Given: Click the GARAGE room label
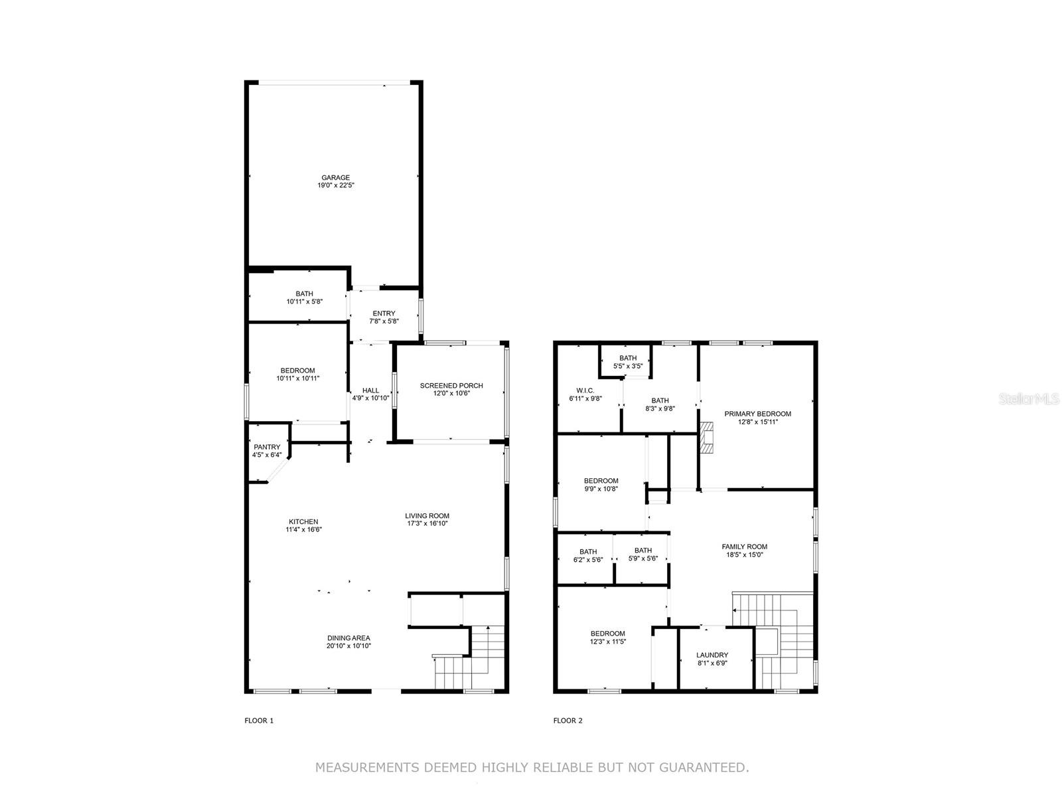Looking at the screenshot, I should [x=335, y=177].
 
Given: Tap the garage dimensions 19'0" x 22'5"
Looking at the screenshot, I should [x=335, y=186].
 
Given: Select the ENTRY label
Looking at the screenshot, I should [x=384, y=313].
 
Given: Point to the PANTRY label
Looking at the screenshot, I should [x=267, y=447].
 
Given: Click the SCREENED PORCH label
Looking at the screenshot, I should [x=451, y=385].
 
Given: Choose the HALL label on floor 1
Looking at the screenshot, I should [x=370, y=391].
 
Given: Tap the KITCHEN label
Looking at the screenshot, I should [x=303, y=521].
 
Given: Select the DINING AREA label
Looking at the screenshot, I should [x=348, y=638].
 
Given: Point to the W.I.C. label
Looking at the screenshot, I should [x=585, y=391].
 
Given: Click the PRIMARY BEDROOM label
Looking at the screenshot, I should [x=757, y=414].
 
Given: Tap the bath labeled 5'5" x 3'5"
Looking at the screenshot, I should [x=628, y=362].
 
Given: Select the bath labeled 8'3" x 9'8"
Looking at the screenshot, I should [x=660, y=404].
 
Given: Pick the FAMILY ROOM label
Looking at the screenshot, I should [x=744, y=547].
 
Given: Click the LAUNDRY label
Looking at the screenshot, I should [x=712, y=655].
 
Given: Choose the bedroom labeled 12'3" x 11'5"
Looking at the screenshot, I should [x=607, y=638].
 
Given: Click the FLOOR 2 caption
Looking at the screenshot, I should [x=568, y=721].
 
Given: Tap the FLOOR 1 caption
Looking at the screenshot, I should [x=259, y=721].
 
